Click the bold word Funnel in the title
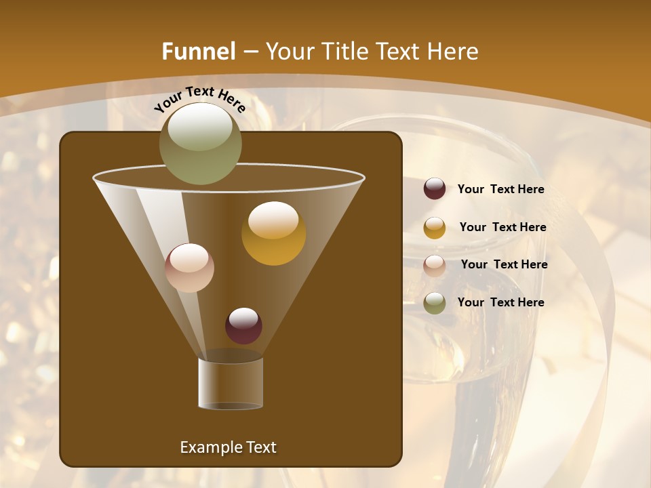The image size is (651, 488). pos(198,52)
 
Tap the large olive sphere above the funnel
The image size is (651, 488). pos(200,143)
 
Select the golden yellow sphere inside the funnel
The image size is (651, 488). pos(273,233)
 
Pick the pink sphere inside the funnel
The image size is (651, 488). pos(189,268)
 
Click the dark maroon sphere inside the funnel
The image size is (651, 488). pos(243,326)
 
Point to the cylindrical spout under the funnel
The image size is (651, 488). pos(231,383)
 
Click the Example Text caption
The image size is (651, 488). pos(228,447)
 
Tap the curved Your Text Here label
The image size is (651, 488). pos(199,99)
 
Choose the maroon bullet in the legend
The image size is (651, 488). pos(435,189)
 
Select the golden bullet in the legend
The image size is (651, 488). pos(435,228)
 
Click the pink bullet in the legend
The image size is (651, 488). pos(435,265)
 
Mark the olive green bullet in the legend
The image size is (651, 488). pos(435,303)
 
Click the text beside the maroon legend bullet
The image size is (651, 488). pos(500,190)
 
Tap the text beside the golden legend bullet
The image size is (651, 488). pos(502,228)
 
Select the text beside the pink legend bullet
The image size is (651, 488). pos(504,265)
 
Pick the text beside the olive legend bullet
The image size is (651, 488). pos(500,303)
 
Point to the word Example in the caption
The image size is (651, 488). pos(205,447)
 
